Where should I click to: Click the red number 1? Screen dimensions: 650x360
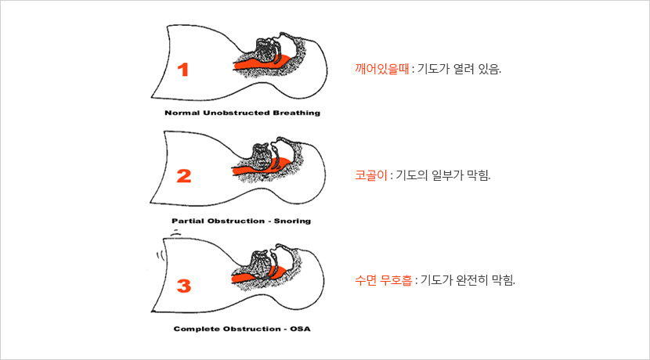point(183,69)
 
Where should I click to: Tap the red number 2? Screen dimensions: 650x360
point(183,176)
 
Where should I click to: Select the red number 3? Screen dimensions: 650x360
point(183,286)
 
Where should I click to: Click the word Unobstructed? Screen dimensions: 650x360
point(237,113)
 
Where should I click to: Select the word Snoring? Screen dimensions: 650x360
point(292,221)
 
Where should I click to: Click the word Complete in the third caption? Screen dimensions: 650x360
point(197,329)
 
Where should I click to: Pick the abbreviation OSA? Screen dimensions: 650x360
point(300,329)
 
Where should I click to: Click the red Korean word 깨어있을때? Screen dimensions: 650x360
point(382,68)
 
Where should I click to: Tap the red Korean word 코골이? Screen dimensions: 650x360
point(371,175)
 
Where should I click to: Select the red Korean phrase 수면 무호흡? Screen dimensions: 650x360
point(384,280)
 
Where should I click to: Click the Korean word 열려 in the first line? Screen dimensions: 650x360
point(464,68)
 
